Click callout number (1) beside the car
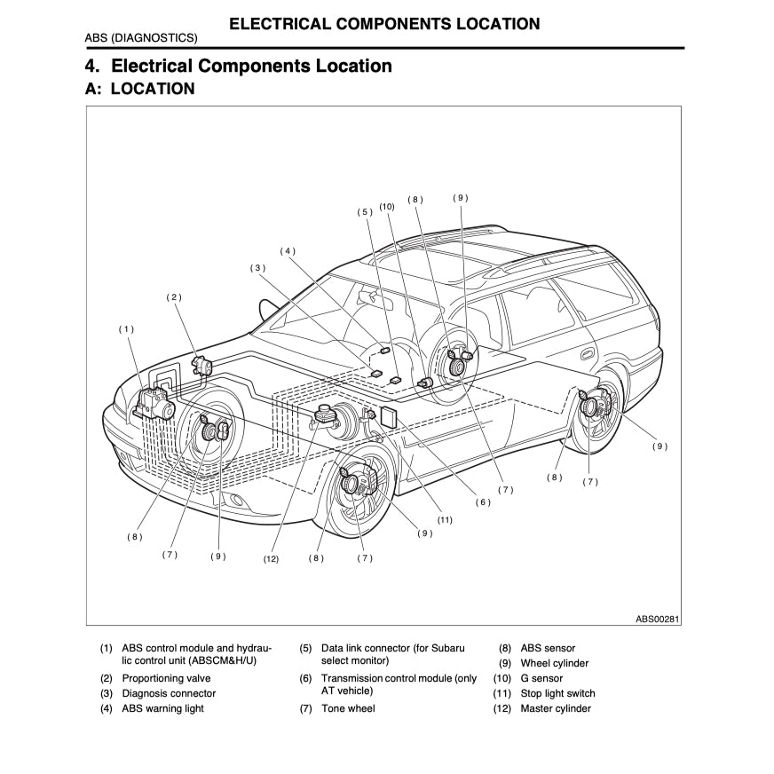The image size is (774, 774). (127, 329)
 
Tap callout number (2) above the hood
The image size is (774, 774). (174, 297)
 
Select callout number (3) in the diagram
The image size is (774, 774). (257, 267)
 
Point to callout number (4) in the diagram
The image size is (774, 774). (288, 251)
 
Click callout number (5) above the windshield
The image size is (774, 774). (365, 212)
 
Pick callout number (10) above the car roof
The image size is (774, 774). (387, 206)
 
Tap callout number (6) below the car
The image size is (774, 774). (482, 502)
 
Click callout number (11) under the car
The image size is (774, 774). (445, 520)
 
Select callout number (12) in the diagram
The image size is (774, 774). (271, 559)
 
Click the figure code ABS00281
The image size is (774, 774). (658, 619)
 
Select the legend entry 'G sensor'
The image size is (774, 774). (541, 678)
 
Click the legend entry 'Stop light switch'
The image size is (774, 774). (557, 693)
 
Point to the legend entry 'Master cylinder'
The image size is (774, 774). (556, 708)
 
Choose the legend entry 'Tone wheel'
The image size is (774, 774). (348, 708)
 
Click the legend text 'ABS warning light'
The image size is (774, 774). (162, 708)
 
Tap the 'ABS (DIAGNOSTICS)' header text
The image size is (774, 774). (141, 38)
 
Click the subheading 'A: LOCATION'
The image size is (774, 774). (139, 89)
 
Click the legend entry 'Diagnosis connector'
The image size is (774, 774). (169, 693)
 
